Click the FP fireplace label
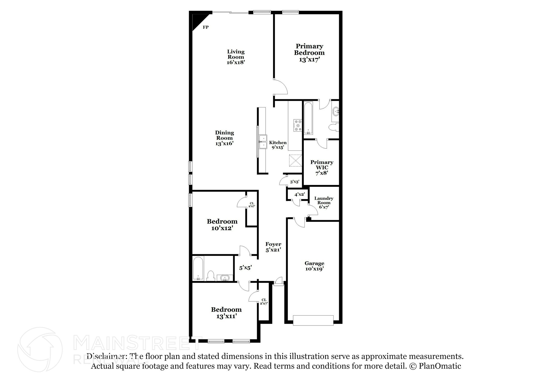coord(206,27)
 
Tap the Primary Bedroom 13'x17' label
coord(309,53)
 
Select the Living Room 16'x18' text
coord(236,57)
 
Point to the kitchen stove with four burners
coord(298,125)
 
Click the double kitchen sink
coord(263,142)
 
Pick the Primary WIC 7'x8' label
coord(322,167)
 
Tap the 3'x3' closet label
coord(294,182)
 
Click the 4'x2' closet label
coord(299,194)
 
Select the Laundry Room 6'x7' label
coord(324,202)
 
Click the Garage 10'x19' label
coord(314,266)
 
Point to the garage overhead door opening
coord(313,320)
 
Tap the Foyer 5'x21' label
coord(273,247)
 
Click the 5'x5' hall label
coord(245,268)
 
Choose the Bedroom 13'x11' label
coord(226,313)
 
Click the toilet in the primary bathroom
coord(333,128)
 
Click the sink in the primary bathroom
coord(335,112)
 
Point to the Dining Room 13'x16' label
coord(225,138)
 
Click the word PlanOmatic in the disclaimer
coord(440,366)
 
